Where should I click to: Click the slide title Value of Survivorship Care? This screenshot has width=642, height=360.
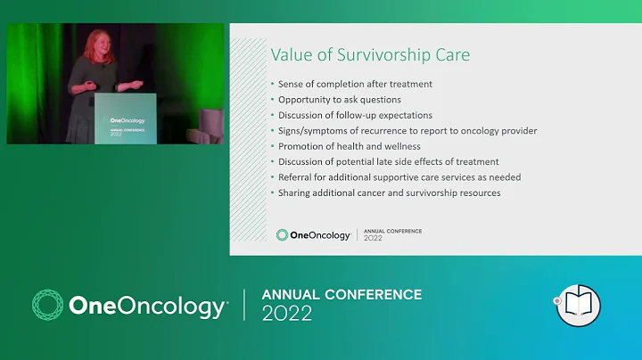pos(370,55)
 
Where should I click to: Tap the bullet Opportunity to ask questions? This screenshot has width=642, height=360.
pos(340,99)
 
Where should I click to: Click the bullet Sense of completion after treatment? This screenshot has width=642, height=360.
pos(356,84)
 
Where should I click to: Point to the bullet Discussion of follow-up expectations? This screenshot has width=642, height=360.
pos(355,115)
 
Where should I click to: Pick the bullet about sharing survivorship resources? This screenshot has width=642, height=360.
pos(389,192)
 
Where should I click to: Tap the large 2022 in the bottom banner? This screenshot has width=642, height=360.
pos(286,314)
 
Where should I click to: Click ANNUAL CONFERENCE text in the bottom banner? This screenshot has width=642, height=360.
pos(342,294)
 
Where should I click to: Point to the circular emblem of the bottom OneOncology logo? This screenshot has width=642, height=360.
pos(47,305)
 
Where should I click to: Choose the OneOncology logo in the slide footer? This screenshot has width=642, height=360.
pos(313,235)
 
